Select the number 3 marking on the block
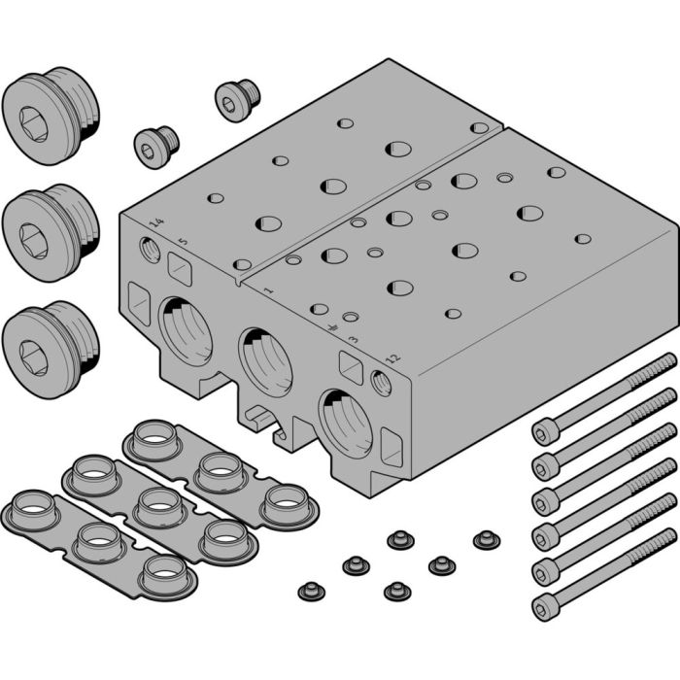pos(353,341)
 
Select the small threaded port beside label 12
pos(380,383)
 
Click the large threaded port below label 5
pos(187,329)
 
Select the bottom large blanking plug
pos(50,344)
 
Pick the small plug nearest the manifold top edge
pos(234,98)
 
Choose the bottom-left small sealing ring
pos(311,589)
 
